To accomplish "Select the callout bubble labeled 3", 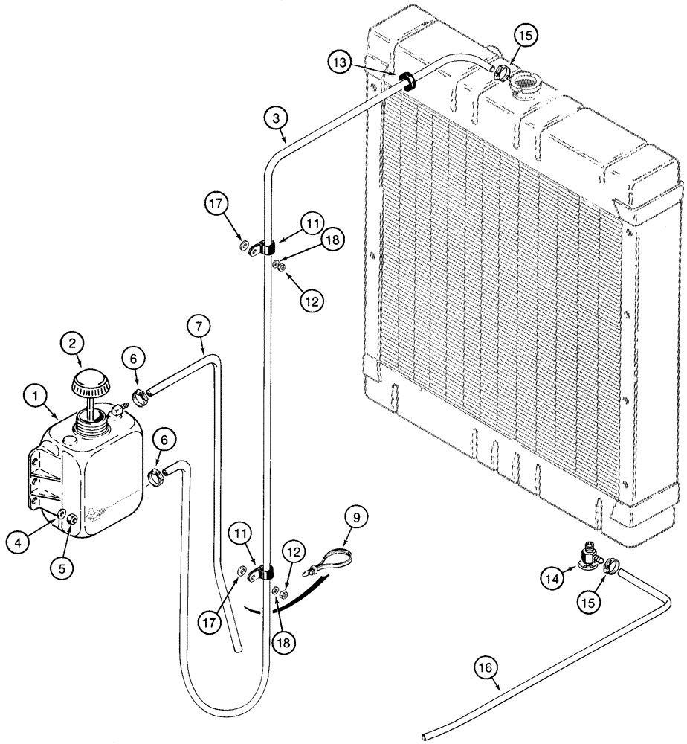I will pos(275,118).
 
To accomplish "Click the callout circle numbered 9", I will pos(355,516).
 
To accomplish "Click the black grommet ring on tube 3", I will pos(408,80).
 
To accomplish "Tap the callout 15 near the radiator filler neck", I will pos(524,35).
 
